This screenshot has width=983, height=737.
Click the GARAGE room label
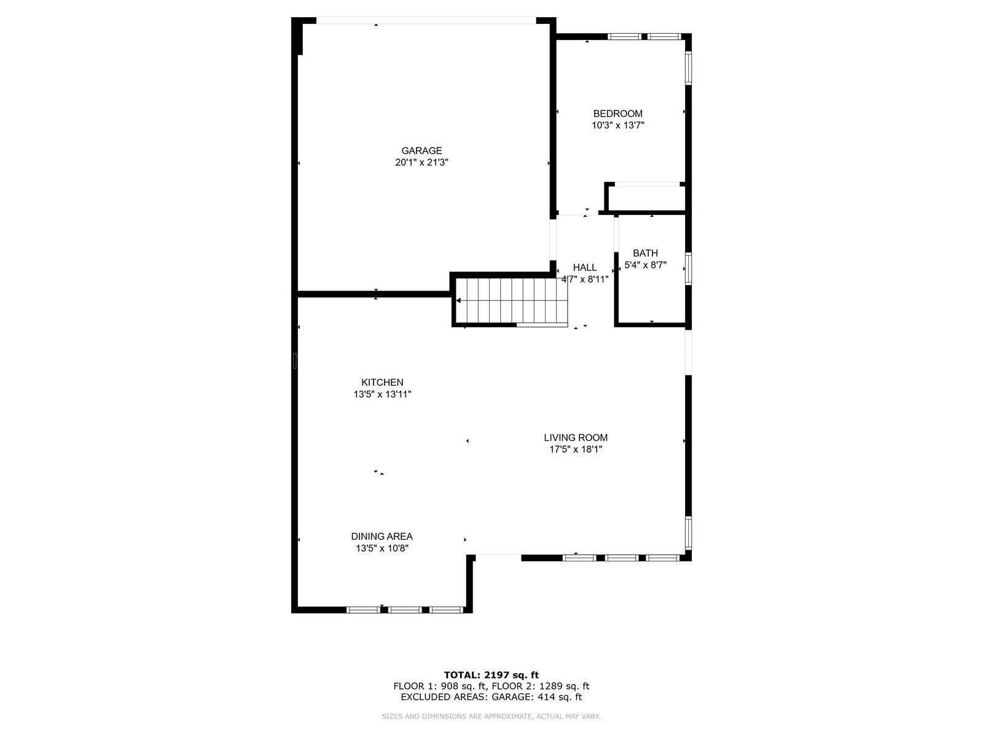pyautogui.click(x=421, y=150)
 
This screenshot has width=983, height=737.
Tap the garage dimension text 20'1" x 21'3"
pyautogui.click(x=421, y=163)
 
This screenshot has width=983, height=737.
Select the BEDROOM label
pyautogui.click(x=617, y=114)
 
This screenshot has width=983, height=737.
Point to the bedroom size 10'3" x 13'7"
pyautogui.click(x=617, y=125)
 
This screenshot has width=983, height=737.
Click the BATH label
pyautogui.click(x=645, y=253)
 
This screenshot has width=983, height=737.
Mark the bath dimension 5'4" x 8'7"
pyautogui.click(x=645, y=265)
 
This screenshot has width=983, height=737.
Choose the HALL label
pyautogui.click(x=584, y=267)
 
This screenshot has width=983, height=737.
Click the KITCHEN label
pyautogui.click(x=382, y=383)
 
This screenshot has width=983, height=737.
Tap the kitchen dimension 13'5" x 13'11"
pyautogui.click(x=382, y=394)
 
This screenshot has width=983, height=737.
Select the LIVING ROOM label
pyautogui.click(x=576, y=438)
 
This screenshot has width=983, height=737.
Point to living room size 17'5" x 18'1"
pyautogui.click(x=576, y=450)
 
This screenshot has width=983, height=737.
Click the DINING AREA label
pyautogui.click(x=382, y=536)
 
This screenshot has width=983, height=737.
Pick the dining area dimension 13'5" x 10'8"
pyautogui.click(x=382, y=548)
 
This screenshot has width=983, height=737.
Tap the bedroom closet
pyautogui.click(x=645, y=198)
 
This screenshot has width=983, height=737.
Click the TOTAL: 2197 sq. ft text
pyautogui.click(x=491, y=675)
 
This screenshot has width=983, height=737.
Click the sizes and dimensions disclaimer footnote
pyautogui.click(x=491, y=716)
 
